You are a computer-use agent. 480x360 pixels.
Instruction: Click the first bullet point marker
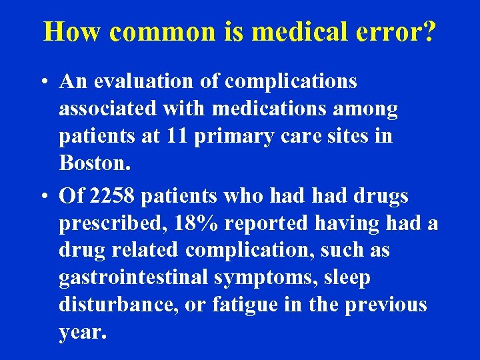pos(43,83)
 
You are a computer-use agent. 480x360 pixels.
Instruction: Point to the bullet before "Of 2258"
pos(43,197)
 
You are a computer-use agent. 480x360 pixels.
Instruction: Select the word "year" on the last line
pos(80,333)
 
